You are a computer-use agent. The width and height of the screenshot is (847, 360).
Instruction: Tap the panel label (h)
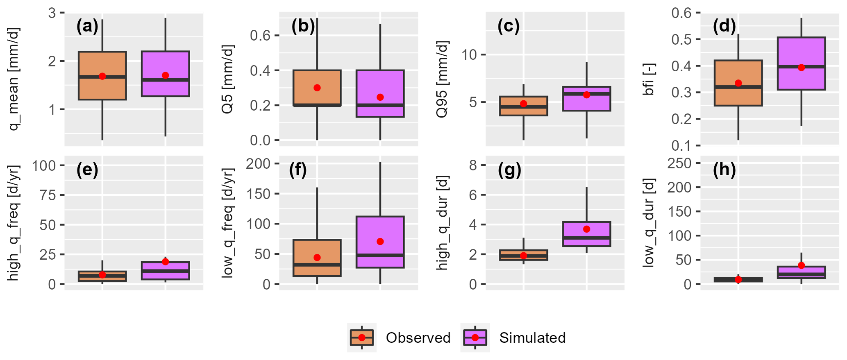click(724, 170)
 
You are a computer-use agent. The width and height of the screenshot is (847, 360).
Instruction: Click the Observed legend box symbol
click(362, 338)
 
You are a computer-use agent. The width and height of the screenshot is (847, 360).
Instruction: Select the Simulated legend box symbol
click(475, 338)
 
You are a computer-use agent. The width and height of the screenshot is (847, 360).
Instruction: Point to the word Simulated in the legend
click(532, 338)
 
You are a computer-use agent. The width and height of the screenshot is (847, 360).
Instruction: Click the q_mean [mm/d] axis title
click(14, 79)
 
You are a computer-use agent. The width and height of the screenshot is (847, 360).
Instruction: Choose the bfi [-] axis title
click(649, 79)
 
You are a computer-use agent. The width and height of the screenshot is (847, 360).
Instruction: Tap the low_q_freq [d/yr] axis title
click(227, 223)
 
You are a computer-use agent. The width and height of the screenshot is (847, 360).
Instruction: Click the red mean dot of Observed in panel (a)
click(102, 76)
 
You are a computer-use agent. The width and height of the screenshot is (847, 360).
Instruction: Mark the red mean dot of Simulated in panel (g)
click(587, 229)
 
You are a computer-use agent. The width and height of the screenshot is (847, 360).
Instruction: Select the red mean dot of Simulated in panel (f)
click(380, 242)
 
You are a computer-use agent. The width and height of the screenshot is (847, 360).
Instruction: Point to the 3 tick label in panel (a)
click(52, 13)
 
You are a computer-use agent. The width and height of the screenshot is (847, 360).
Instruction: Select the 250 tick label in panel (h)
click(679, 163)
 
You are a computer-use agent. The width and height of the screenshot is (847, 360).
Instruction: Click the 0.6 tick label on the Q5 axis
click(261, 36)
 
